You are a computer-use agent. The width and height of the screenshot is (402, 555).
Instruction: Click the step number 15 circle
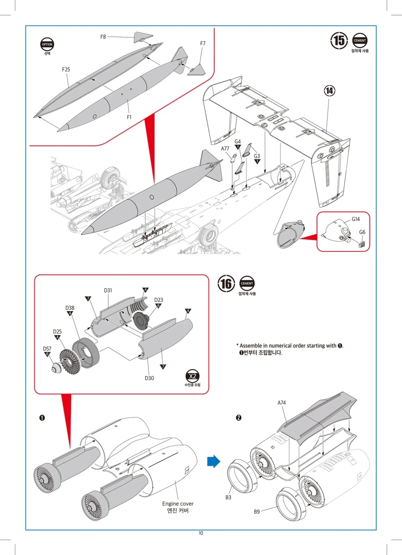[x=339, y=40]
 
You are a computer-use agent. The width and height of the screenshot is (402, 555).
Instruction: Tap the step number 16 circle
[x=226, y=284]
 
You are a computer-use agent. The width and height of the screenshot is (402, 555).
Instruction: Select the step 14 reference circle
[x=329, y=91]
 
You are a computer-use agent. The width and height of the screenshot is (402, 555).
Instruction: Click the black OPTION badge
[x=47, y=44]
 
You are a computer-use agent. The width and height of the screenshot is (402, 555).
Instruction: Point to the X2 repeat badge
[x=193, y=376]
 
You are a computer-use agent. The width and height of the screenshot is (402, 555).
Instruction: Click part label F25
[x=66, y=69]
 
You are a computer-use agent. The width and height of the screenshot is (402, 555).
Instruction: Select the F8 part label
[x=103, y=37]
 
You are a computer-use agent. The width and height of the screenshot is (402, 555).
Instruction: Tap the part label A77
[x=225, y=148]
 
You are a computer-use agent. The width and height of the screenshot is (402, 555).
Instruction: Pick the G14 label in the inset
[x=356, y=219]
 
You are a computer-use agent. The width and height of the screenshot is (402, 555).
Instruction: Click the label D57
[x=47, y=349]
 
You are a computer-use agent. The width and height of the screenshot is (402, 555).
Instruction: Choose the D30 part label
[x=150, y=378]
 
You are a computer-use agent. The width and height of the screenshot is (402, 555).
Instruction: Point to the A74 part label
[x=281, y=403]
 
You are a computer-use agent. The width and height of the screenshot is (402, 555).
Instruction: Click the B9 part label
[x=256, y=511]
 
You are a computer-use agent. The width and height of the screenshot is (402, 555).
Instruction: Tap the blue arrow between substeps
[x=214, y=461]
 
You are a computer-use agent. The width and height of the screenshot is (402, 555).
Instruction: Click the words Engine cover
[x=178, y=504]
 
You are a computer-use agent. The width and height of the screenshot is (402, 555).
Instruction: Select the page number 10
[x=201, y=533]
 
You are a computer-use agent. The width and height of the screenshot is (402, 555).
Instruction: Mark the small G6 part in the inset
[x=362, y=244]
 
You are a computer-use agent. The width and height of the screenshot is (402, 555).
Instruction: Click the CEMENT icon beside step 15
[x=360, y=40]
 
